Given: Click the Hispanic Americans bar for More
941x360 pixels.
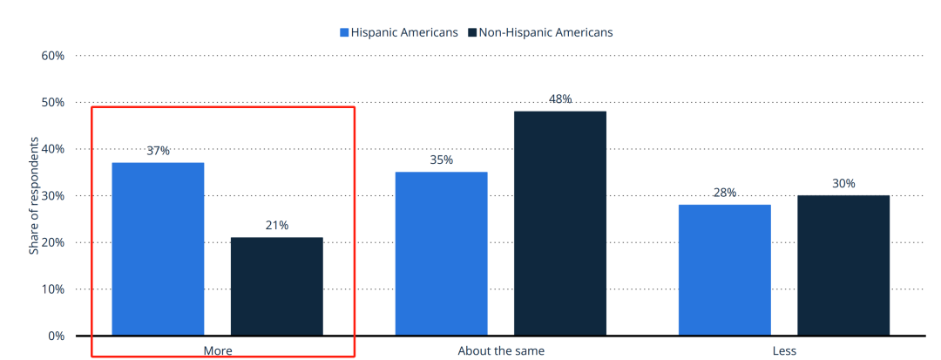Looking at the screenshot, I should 158,248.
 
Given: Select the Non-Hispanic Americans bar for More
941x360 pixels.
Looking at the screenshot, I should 276,286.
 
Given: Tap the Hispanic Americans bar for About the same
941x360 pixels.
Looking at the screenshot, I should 441,253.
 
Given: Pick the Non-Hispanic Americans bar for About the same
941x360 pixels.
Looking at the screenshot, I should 559,223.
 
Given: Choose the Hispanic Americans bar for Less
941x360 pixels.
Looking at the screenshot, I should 725,269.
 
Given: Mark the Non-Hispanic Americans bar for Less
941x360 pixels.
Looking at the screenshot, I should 843,265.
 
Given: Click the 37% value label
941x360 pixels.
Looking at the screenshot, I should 158,151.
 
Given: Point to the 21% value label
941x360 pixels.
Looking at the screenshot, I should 276,226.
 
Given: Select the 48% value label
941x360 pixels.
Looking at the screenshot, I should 560,99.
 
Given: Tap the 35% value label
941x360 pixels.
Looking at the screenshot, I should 442,160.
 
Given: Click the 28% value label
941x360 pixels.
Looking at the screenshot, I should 725,193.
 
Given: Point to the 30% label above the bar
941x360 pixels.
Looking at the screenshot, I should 843,184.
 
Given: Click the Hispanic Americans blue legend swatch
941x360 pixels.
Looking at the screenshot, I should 344,32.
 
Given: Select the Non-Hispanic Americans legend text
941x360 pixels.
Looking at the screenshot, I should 546,32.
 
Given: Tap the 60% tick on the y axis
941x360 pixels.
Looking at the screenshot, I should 52,56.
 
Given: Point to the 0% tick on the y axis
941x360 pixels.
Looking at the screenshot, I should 56,336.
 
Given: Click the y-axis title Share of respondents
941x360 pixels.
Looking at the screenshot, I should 34,196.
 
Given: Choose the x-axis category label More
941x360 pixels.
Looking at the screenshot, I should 218,351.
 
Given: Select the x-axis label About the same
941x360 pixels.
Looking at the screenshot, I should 501,351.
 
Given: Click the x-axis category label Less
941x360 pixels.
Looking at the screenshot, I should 784,351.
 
